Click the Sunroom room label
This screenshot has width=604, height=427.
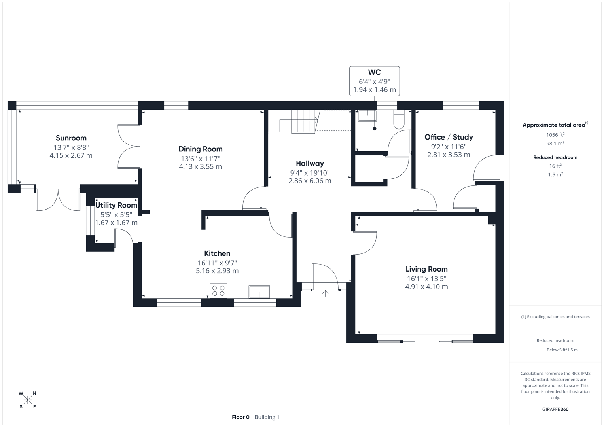point(71,138)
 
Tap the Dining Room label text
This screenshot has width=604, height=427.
point(201,149)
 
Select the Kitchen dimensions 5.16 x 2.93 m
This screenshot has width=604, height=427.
point(217,271)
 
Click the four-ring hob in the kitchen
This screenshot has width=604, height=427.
point(218,291)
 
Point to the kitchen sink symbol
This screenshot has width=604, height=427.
point(259,292)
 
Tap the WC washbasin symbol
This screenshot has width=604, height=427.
point(367,115)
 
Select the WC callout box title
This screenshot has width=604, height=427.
point(374,72)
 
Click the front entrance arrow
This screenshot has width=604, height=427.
point(325,293)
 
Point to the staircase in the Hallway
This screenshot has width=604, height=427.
point(299,120)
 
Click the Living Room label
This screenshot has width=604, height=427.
point(426,269)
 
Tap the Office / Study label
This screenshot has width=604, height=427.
point(449,137)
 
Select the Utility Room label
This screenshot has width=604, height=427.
point(116,205)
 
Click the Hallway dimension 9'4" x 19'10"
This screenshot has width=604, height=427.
point(310,173)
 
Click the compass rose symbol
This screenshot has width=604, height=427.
point(28,400)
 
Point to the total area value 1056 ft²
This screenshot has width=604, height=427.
point(555,135)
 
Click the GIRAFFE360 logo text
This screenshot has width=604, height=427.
point(555,409)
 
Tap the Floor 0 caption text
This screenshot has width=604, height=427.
point(240,417)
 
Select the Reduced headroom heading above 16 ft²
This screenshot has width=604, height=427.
point(555,157)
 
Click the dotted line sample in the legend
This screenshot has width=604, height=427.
point(538,350)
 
